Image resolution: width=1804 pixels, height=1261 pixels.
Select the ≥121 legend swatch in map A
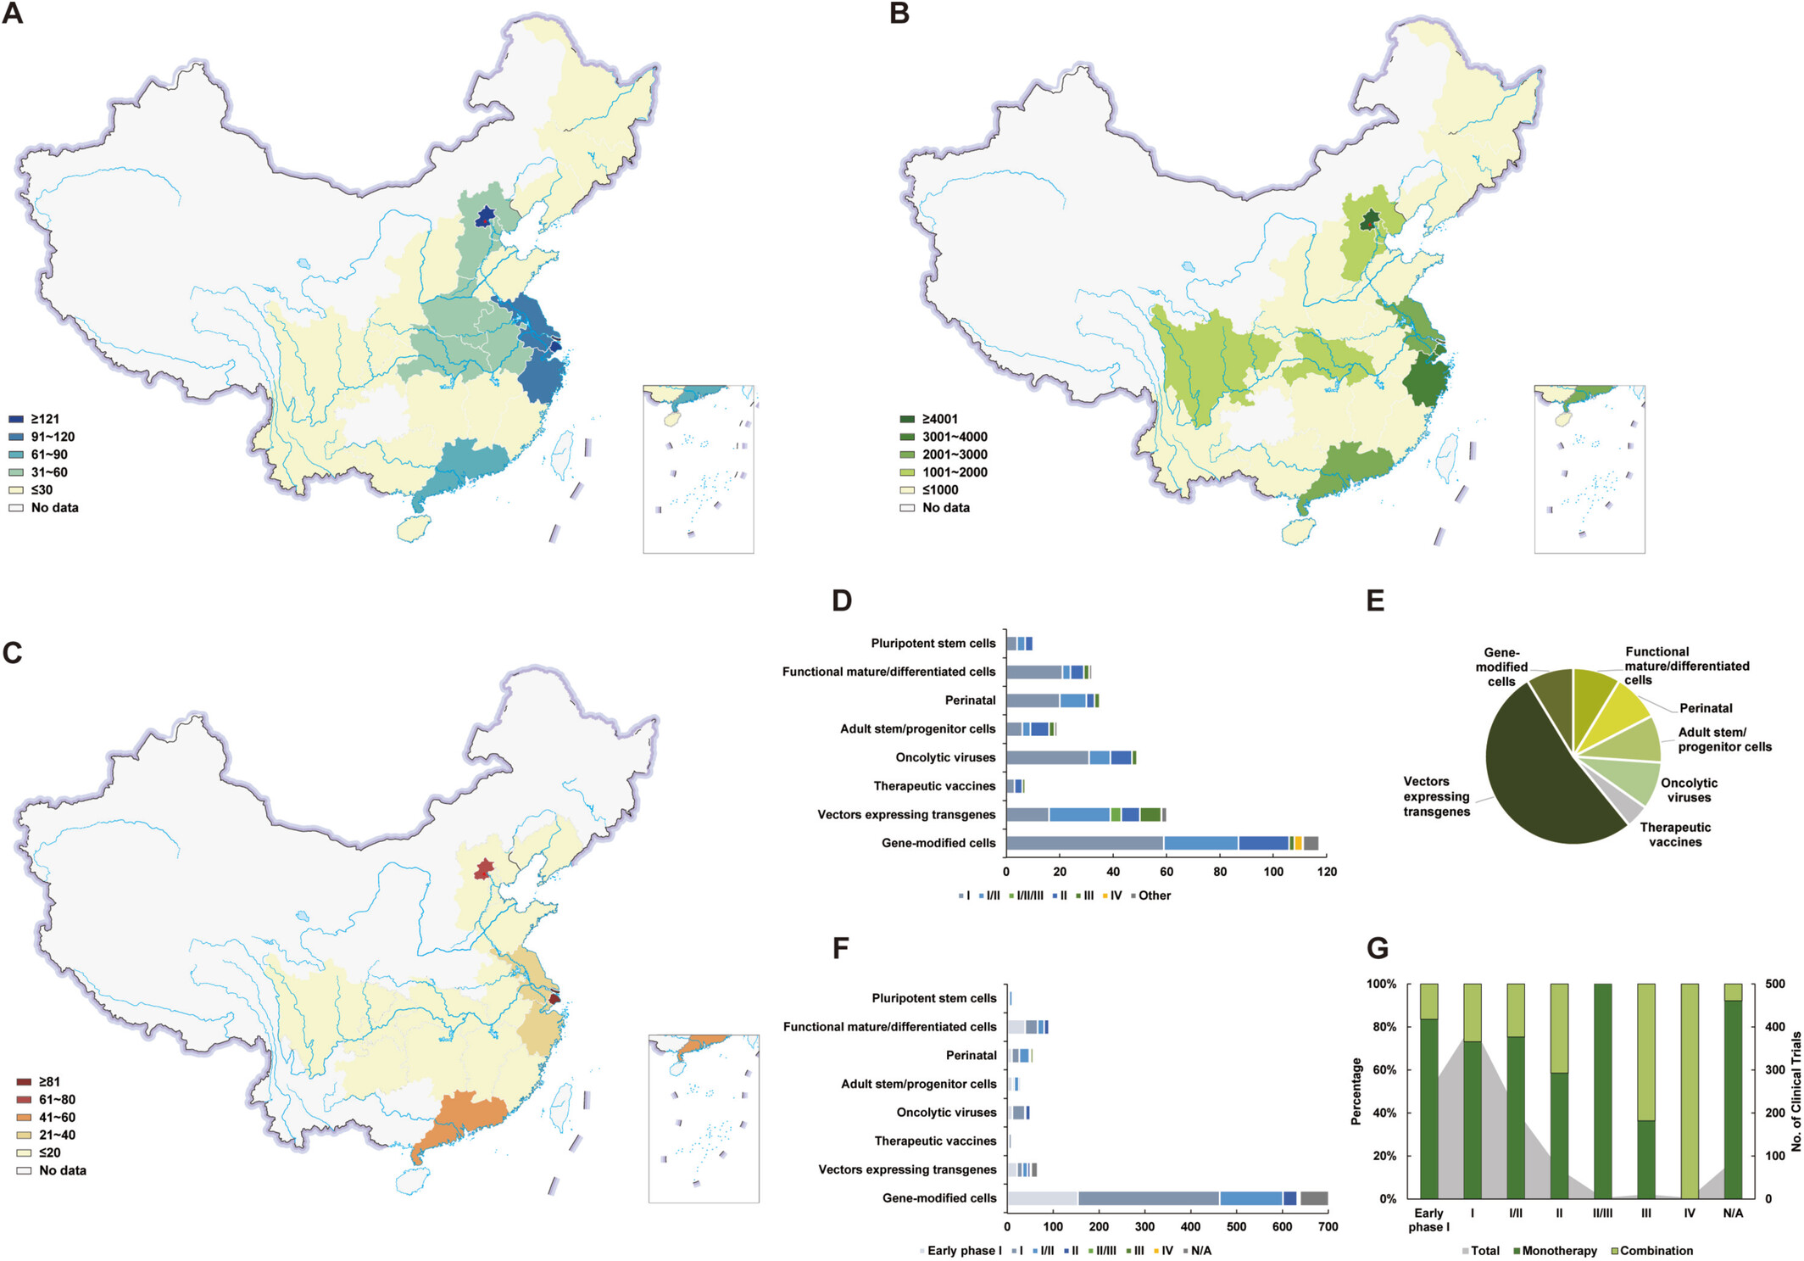(16, 419)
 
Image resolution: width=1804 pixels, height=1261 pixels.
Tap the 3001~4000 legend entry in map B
(954, 437)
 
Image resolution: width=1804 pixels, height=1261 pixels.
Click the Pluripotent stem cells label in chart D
(933, 644)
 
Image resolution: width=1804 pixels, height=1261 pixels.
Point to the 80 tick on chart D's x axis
(1220, 872)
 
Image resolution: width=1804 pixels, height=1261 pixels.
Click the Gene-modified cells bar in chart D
(1161, 843)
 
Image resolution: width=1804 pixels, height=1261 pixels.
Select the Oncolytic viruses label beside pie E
(1689, 790)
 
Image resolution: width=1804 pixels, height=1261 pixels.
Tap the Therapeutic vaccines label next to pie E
(1675, 834)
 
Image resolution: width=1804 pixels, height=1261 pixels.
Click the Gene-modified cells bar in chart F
(1166, 1198)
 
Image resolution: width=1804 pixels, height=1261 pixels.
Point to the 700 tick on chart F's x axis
(1328, 1227)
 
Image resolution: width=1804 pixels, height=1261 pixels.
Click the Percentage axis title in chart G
(1356, 1091)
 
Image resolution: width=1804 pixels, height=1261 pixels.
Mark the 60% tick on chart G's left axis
(1384, 1070)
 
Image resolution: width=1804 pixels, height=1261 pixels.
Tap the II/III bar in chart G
(1602, 1091)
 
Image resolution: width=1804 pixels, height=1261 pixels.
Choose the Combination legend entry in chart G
(1656, 1251)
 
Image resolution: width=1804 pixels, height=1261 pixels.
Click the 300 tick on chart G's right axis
(1774, 1070)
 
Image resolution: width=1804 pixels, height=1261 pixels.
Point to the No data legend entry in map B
(945, 508)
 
